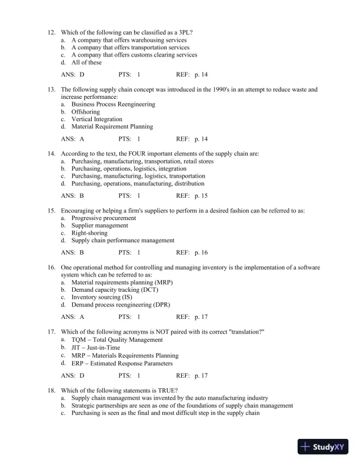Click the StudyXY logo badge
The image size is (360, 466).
coord(325,447)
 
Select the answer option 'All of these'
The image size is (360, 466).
coord(86,62)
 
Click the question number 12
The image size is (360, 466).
coord(51,33)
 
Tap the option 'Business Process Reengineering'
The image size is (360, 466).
coord(113,104)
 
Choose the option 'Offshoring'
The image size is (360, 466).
coord(86,112)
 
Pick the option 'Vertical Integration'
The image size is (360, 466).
coord(97,119)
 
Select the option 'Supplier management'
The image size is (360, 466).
coord(100,225)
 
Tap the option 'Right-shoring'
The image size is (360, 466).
coord(89,233)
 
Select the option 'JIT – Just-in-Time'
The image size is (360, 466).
coord(96,348)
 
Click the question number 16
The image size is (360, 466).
coord(51,267)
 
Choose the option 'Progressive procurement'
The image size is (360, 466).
coord(104,218)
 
